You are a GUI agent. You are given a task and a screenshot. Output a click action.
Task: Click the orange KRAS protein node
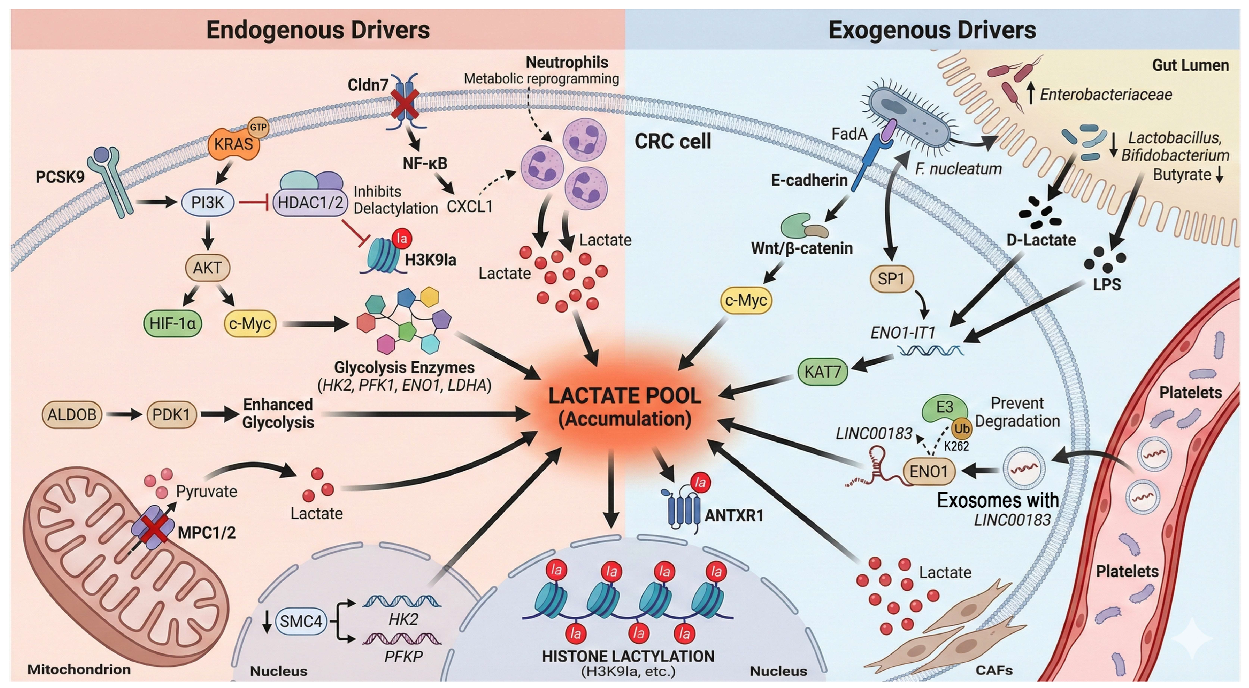[234, 144]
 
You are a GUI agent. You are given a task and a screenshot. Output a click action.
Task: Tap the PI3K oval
[208, 202]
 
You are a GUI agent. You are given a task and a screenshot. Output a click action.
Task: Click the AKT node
[208, 267]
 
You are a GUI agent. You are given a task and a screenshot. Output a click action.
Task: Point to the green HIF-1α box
[173, 323]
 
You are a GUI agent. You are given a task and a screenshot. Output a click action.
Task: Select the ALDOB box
[72, 415]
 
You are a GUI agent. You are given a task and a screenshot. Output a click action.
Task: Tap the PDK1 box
[171, 415]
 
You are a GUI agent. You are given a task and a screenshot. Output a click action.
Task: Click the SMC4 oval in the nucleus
[301, 621]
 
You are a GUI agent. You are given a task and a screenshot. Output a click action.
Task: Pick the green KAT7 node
[822, 372]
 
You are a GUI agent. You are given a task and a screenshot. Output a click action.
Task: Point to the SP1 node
[891, 279]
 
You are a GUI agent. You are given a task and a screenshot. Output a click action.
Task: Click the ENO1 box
[929, 471]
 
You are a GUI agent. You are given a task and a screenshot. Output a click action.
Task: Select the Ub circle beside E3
[962, 429]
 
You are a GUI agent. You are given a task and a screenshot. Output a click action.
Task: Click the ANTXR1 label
[734, 515]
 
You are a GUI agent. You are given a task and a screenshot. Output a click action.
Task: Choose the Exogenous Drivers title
[932, 30]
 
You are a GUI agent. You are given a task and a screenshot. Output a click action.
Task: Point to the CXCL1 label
[469, 207]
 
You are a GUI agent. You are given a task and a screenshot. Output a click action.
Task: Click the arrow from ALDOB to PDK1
[124, 415]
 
